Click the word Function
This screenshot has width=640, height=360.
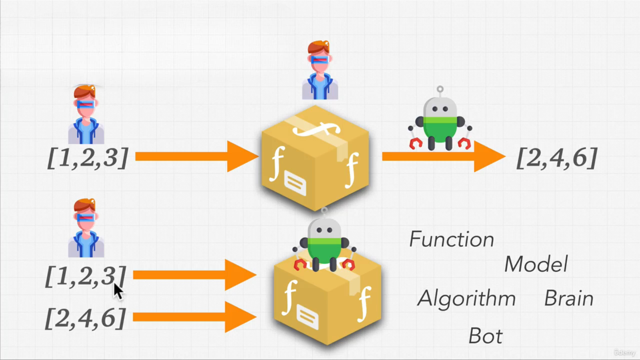(x=452, y=239)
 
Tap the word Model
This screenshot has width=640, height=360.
(x=536, y=264)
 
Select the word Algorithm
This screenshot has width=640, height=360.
(x=466, y=298)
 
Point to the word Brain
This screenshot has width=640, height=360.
(x=569, y=298)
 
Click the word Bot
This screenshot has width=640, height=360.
(x=485, y=336)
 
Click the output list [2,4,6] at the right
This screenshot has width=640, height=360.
(x=557, y=158)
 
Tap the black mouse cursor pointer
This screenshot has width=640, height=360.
(x=118, y=291)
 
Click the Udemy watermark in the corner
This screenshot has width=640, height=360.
(x=625, y=352)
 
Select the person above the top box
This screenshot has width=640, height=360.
(x=320, y=71)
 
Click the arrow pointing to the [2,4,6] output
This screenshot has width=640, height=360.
(x=443, y=156)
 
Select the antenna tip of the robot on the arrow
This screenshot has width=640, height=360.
(x=440, y=89)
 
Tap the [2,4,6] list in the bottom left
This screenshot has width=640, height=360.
(x=86, y=318)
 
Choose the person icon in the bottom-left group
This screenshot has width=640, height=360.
(x=86, y=228)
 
